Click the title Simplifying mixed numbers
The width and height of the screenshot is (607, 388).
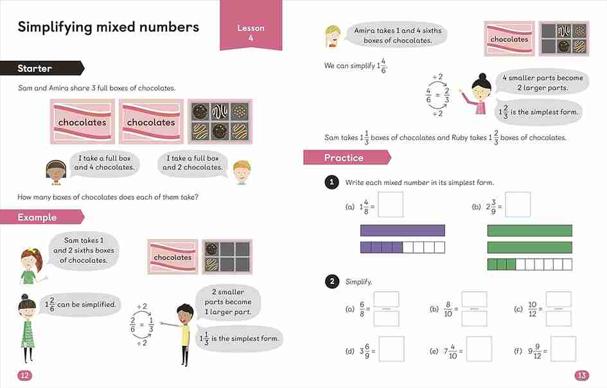point(108,27)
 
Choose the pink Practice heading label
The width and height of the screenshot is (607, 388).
point(344,157)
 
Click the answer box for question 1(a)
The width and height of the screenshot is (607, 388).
point(391,204)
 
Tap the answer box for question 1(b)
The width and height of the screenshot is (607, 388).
point(518,204)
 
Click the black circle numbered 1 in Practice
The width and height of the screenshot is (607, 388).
point(331,183)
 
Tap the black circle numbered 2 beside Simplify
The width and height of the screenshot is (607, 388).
point(331,281)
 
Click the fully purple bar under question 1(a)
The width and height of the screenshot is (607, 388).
point(402,230)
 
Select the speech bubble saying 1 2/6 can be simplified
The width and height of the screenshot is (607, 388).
point(80,304)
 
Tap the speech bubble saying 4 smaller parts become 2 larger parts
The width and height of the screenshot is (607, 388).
point(541,82)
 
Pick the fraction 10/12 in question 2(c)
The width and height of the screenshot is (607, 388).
point(532,309)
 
